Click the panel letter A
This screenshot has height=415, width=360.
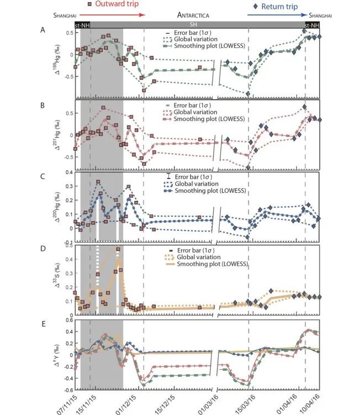coord(50,30)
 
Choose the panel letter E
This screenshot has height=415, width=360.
coord(50,321)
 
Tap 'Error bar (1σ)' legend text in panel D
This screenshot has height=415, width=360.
coord(207,250)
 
